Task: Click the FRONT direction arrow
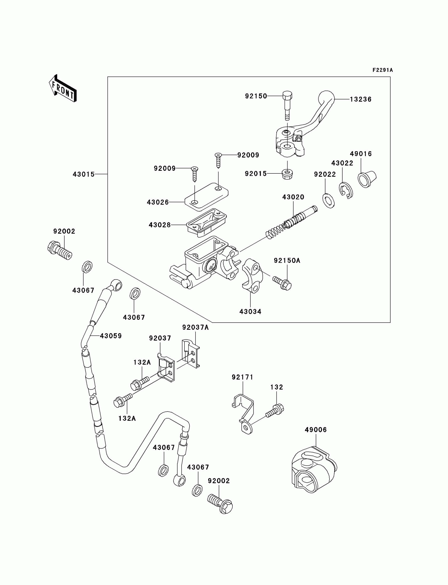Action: [x=63, y=89]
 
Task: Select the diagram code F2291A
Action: [x=383, y=70]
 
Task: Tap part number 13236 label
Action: [x=361, y=99]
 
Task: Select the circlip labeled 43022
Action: [x=346, y=190]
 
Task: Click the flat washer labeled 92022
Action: [x=329, y=201]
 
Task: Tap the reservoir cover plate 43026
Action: [x=206, y=195]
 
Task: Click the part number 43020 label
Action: [x=293, y=197]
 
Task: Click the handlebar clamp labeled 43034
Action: [x=252, y=276]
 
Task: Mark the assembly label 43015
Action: [x=84, y=174]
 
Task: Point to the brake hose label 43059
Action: [x=111, y=336]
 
